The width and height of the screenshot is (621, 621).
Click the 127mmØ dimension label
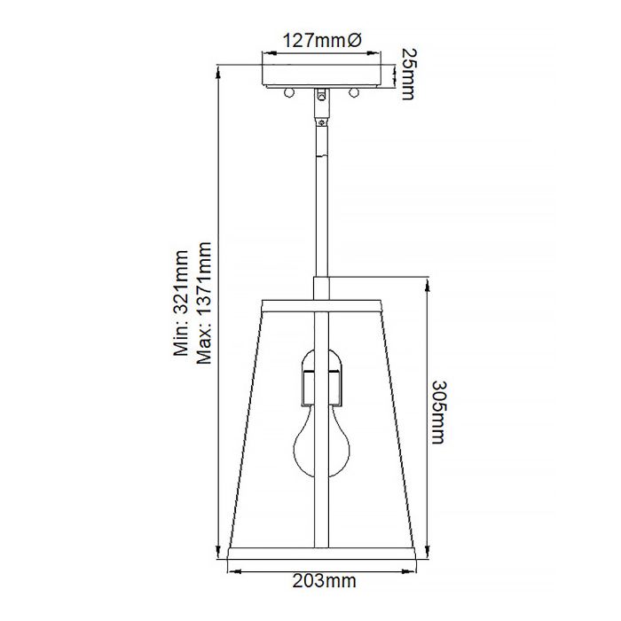[321, 40]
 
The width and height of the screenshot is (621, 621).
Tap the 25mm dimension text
[407, 74]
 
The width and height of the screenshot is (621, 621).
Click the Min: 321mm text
[183, 303]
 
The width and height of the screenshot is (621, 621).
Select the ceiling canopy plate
[321, 74]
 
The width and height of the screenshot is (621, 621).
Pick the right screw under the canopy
[356, 92]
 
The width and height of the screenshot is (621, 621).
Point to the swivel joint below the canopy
[321, 107]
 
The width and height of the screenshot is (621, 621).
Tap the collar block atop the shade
[321, 290]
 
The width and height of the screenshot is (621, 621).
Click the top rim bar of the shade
[321, 304]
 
